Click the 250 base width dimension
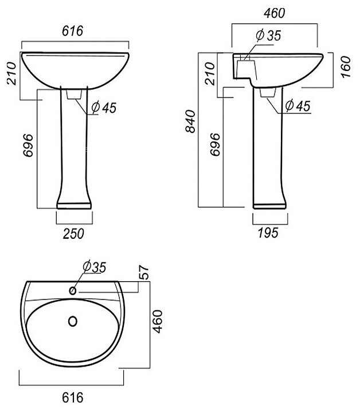(x=73, y=232)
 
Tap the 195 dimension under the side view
(x=268, y=232)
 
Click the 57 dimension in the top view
(x=144, y=274)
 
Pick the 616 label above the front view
(x=74, y=32)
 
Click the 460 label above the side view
(x=273, y=13)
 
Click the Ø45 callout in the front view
(x=103, y=108)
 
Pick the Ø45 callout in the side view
(x=297, y=105)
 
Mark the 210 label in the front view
(x=10, y=73)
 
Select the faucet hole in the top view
(x=73, y=291)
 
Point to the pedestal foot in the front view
(x=74, y=203)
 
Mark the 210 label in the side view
(x=210, y=73)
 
